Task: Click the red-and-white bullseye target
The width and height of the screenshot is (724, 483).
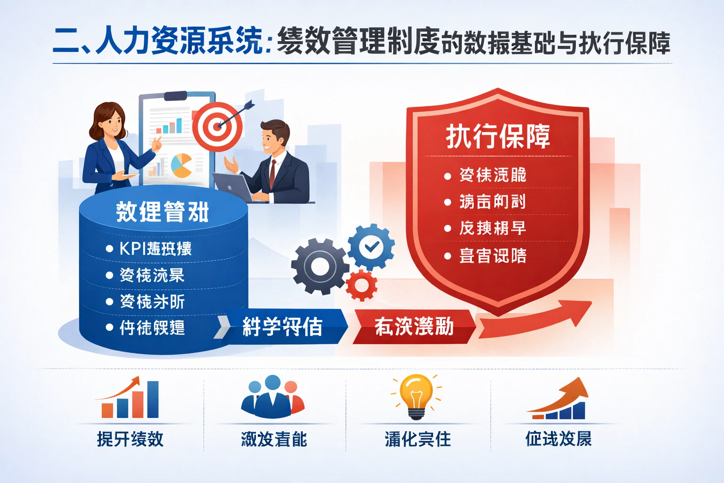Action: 217,126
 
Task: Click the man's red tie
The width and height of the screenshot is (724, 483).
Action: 272,173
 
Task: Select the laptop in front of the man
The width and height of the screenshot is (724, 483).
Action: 233,186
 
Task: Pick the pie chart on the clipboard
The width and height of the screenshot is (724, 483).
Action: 181,166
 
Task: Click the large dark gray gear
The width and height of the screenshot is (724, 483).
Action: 320,266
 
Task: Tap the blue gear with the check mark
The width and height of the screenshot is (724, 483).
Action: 371,246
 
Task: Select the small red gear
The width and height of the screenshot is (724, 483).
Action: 362,285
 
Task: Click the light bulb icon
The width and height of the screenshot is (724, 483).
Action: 416,395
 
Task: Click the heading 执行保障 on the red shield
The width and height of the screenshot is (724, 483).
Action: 498,136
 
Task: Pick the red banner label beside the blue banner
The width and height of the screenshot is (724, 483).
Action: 414,326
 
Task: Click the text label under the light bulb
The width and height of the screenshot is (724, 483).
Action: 418,439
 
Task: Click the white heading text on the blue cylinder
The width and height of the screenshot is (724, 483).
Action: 162,212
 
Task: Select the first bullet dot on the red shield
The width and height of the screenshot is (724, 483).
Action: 448,176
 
